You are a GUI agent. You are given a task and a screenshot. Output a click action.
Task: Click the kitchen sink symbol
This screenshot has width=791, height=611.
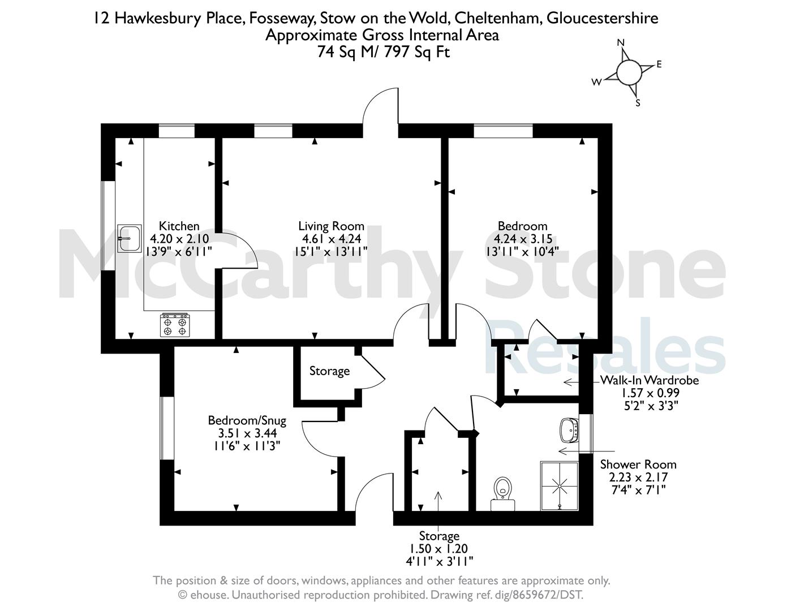130,238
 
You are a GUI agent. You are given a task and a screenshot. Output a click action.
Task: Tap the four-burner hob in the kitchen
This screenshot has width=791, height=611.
175,325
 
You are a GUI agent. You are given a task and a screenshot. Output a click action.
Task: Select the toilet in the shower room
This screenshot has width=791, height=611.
502,494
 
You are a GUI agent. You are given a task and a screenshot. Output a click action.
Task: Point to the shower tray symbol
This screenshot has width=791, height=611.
560,486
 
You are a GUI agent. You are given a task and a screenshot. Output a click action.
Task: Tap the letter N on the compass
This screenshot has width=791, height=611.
621,42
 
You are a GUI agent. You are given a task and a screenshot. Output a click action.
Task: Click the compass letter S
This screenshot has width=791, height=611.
638,104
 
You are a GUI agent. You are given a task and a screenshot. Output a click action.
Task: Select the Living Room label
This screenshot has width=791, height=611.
331,226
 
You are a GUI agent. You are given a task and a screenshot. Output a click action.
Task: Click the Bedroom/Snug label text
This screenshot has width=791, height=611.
247,421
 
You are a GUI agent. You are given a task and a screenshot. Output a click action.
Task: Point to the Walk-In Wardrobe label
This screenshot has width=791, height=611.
650,380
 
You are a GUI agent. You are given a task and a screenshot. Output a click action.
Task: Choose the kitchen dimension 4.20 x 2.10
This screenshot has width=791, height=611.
179,239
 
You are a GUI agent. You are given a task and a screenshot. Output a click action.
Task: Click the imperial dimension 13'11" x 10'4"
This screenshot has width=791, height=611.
522,251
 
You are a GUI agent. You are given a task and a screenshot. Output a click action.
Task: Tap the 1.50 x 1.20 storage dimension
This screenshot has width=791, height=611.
439,548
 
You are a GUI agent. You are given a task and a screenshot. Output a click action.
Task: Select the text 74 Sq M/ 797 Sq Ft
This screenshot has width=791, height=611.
384,52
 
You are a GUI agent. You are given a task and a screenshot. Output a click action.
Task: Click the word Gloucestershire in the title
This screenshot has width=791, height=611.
603,18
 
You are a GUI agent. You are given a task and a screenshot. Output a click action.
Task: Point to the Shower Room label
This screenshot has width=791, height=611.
638,464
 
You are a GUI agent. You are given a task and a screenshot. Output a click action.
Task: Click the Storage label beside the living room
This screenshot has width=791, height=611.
329,371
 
